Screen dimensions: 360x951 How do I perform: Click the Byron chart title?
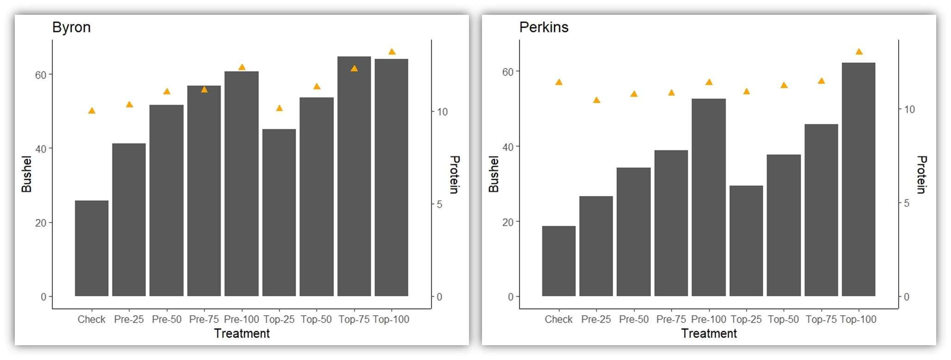[71, 27]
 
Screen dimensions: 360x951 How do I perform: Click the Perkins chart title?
[543, 27]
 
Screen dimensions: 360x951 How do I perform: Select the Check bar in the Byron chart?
[92, 248]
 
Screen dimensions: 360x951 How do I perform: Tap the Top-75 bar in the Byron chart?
[354, 176]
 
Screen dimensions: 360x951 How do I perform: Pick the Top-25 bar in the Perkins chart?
[746, 241]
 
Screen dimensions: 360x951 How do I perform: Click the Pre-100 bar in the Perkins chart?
[709, 197]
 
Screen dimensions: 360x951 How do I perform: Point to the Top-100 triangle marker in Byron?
[392, 52]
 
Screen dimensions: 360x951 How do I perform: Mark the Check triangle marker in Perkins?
[559, 82]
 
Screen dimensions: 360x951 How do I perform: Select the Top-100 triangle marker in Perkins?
[859, 52]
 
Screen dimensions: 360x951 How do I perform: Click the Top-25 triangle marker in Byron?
[279, 108]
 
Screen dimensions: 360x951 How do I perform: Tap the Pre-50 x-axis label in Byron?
[167, 319]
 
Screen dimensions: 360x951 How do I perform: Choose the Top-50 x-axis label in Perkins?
[783, 319]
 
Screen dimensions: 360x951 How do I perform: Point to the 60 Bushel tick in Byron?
[41, 75]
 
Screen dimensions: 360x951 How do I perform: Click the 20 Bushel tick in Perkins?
[507, 222]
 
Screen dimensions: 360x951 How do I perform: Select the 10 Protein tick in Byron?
[442, 112]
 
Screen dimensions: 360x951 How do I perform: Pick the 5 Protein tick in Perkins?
[907, 203]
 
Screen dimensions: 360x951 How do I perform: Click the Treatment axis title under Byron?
[242, 333]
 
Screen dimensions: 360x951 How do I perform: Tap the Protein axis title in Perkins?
[921, 174]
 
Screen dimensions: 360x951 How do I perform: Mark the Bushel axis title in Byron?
[26, 174]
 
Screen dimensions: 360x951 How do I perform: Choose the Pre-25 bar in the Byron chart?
[129, 220]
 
